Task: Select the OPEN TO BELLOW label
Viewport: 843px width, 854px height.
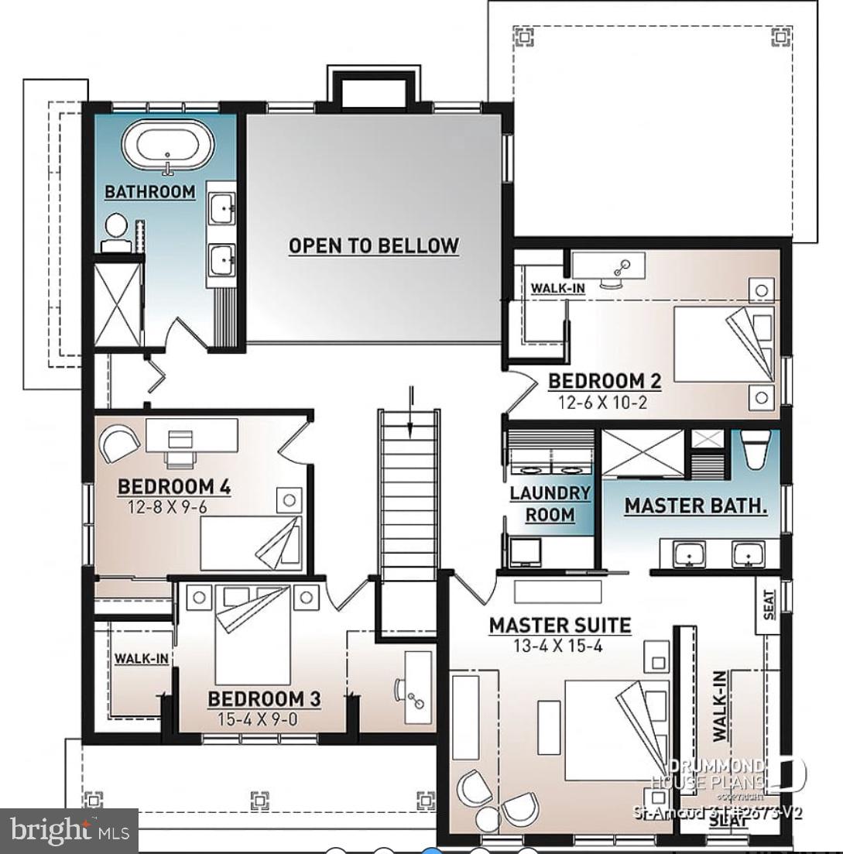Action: pyautogui.click(x=374, y=246)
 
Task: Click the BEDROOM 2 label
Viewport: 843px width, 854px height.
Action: pyautogui.click(x=605, y=381)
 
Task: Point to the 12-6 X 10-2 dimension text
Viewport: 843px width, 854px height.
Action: pyautogui.click(x=604, y=402)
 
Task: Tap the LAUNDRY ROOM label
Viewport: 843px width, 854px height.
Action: pyautogui.click(x=550, y=503)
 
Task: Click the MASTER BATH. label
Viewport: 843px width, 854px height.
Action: pyautogui.click(x=695, y=506)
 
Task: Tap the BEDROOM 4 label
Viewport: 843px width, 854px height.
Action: pyautogui.click(x=174, y=487)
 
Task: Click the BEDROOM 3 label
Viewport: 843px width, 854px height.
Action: pyautogui.click(x=264, y=699)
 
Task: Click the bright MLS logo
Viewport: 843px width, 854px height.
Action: pyautogui.click(x=69, y=831)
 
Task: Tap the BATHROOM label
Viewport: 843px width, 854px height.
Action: pyautogui.click(x=150, y=192)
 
